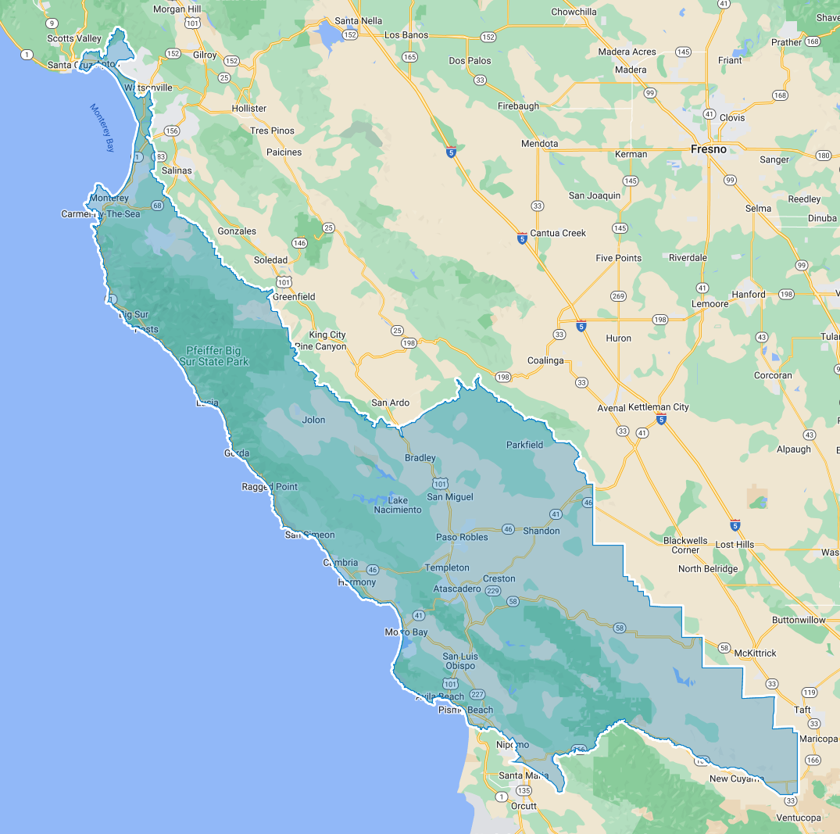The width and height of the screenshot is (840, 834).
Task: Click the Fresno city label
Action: (708, 149)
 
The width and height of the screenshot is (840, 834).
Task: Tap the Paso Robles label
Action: (462, 537)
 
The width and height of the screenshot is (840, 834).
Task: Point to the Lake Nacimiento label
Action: (398, 505)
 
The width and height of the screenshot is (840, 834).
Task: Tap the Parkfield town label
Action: (524, 445)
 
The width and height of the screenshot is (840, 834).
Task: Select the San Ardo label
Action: (390, 403)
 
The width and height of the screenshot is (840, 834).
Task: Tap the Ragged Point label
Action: (270, 487)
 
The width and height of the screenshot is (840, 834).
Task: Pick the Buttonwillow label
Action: (799, 620)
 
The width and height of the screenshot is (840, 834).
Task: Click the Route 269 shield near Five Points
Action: (619, 296)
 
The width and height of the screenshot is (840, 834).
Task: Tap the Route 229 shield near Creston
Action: (493, 591)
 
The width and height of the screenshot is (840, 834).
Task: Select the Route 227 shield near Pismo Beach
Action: (478, 694)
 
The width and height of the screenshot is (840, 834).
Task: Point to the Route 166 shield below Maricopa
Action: (813, 760)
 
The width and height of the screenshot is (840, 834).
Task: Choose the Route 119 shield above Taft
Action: (809, 693)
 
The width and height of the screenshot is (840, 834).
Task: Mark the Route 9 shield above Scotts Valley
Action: (52, 23)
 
